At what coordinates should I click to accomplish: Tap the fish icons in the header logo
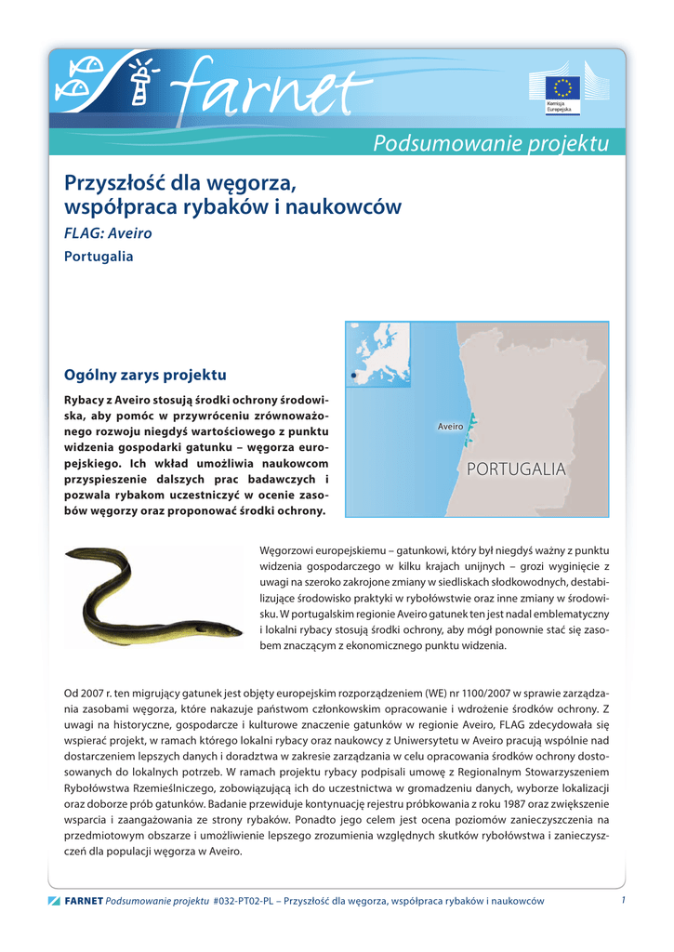pos(76,79)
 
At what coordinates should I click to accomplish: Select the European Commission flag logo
pos(562,89)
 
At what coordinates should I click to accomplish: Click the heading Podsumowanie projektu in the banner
pos(491,144)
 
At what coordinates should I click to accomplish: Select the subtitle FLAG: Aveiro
pos(108,232)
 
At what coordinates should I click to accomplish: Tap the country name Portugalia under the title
pos(99,256)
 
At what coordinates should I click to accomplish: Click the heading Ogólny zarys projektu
pos(145,376)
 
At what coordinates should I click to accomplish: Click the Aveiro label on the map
pos(450,426)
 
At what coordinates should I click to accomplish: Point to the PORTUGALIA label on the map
pos(516,469)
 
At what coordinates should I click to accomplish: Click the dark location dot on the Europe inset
pos(353,376)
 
